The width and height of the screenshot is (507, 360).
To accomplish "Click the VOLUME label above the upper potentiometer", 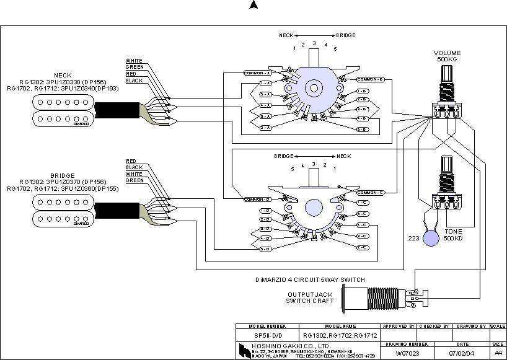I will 447,53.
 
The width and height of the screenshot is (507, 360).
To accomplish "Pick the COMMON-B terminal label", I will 371,79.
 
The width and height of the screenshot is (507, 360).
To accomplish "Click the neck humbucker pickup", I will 60,111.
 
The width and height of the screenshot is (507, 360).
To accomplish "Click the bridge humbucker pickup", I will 60,209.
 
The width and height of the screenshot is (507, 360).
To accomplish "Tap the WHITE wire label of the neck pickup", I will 134,61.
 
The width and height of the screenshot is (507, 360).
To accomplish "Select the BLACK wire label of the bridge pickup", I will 134,167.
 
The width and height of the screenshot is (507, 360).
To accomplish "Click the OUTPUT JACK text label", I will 309,294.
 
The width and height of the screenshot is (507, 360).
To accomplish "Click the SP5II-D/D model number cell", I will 265,335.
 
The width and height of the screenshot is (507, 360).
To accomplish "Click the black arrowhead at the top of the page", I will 253,6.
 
